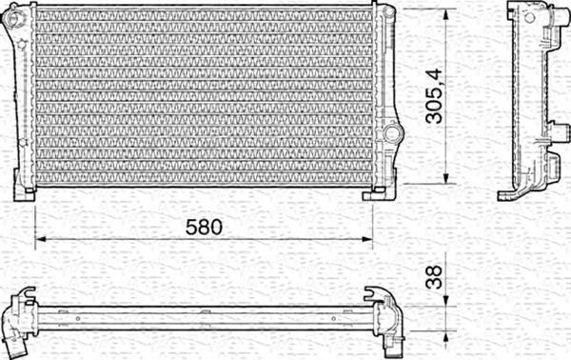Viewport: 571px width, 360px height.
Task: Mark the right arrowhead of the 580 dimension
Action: tap(369, 238)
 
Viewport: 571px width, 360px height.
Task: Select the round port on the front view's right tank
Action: tap(389, 134)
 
